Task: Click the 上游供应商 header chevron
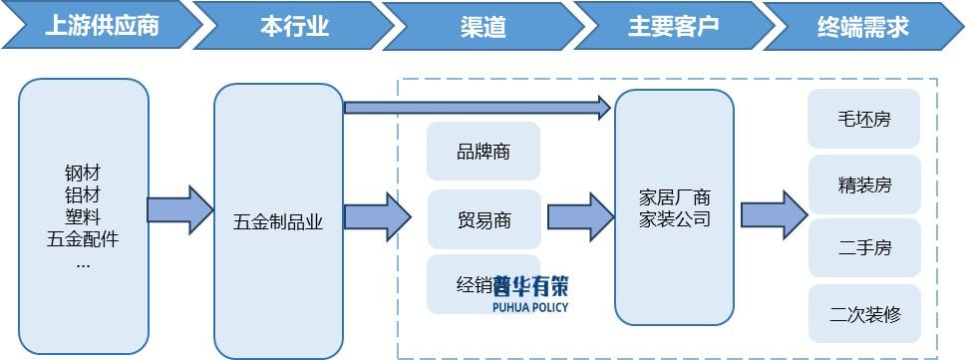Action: (100, 26)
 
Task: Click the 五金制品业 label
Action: (278, 220)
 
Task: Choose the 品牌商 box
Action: (483, 152)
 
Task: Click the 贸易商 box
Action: (483, 219)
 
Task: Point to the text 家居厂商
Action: (674, 197)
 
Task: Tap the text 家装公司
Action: (674, 219)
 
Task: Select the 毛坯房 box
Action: (864, 120)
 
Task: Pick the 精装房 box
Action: (864, 184)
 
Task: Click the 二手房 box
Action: (864, 248)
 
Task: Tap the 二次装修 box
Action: (864, 315)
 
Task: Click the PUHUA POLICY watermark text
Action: (530, 307)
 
